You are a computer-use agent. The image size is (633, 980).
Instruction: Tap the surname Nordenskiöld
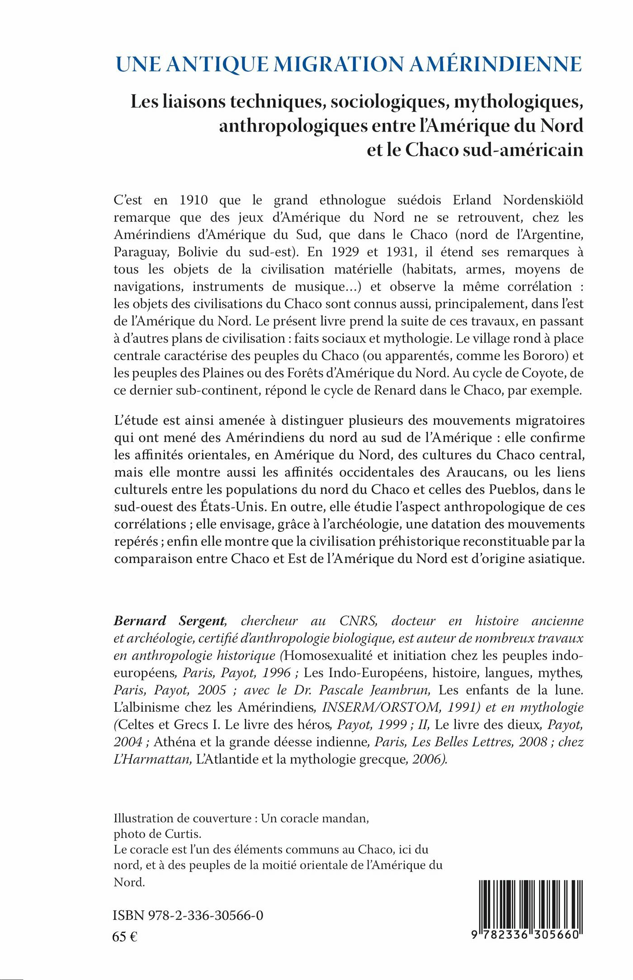tap(543, 200)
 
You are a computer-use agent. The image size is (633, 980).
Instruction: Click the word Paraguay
tap(139, 252)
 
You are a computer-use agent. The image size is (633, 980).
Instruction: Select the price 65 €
tap(125, 937)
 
